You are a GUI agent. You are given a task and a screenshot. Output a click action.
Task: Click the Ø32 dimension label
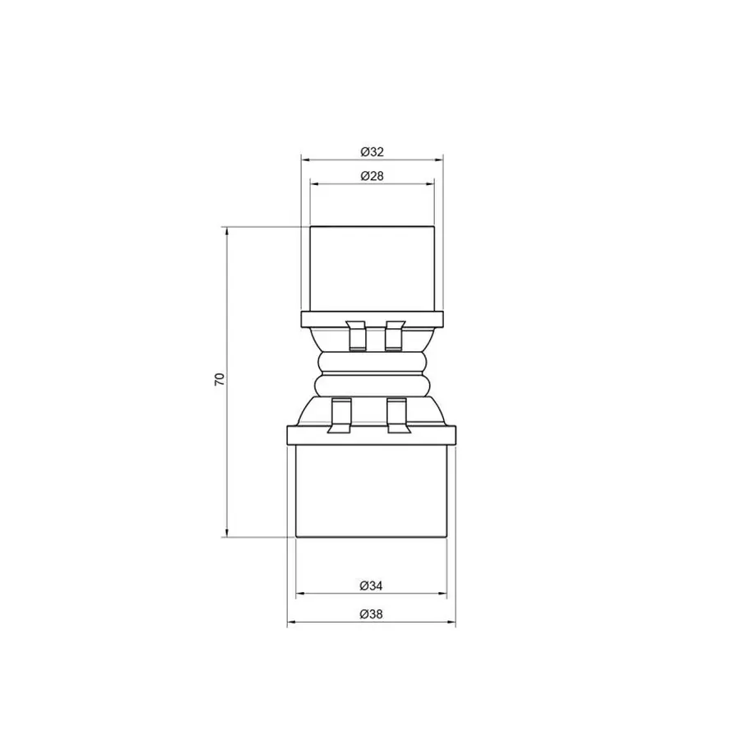click(372, 151)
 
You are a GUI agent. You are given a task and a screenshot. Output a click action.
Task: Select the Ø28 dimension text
click(372, 176)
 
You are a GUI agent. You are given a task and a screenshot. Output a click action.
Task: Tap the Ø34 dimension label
click(372, 585)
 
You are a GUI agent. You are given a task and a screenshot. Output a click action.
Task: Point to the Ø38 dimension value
click(372, 614)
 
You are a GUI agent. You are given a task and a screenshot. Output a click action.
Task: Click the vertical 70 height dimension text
click(219, 379)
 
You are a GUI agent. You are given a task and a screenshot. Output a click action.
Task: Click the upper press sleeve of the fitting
click(372, 268)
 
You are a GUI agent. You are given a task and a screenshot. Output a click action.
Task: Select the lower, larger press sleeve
click(372, 491)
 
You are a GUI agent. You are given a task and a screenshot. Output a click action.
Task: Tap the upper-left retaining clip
click(356, 334)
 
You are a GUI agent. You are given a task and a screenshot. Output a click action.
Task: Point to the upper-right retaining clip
click(395, 334)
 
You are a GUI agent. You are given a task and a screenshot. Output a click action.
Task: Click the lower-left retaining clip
click(340, 414)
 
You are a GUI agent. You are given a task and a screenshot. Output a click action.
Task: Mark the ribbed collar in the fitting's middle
click(372, 374)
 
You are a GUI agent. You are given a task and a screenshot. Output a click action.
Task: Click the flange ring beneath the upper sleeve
click(372, 318)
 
